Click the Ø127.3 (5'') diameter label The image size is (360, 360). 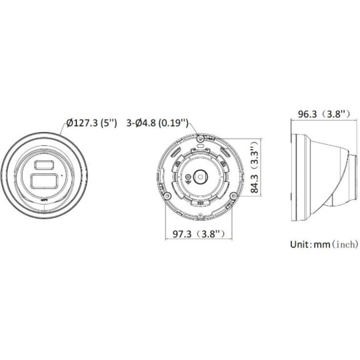point(92,124)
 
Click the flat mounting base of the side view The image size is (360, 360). point(293,175)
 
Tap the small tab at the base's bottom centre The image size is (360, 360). point(202,200)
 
